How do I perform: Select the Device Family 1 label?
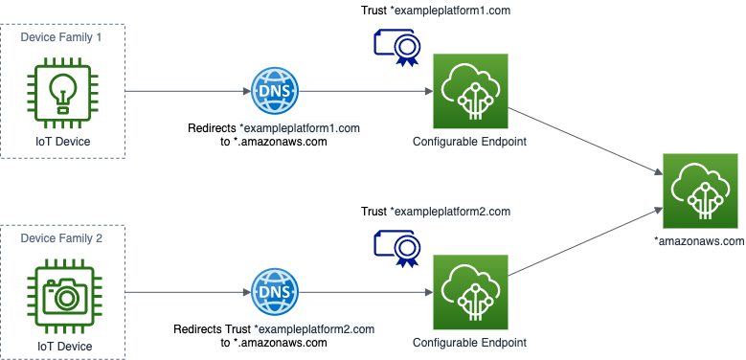(61, 36)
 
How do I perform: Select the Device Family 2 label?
(61, 237)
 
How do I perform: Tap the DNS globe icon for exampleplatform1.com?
(274, 92)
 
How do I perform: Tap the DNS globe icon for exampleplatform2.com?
(274, 293)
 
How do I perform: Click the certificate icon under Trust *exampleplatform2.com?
(396, 248)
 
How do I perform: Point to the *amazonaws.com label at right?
(699, 241)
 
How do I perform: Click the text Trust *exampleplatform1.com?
(436, 11)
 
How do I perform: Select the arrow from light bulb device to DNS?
(187, 92)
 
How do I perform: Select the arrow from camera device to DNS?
(187, 293)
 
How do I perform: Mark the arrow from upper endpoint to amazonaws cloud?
(584, 135)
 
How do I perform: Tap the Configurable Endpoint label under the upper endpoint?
(469, 142)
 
